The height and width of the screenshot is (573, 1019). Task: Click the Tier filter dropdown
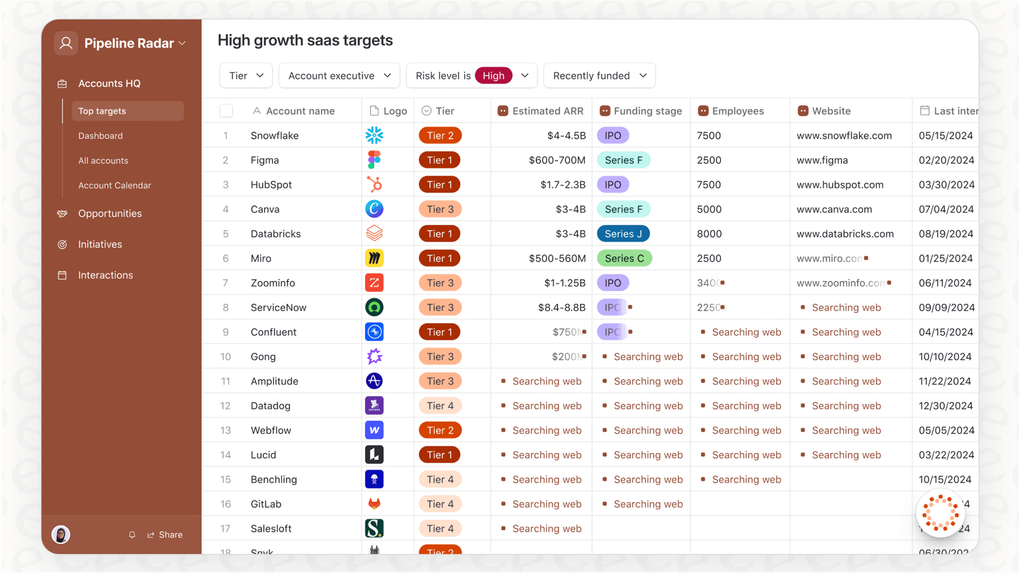point(246,76)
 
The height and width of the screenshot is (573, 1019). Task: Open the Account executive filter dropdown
point(339,76)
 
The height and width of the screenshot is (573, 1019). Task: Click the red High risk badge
point(493,76)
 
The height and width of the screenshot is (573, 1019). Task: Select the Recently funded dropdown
point(599,76)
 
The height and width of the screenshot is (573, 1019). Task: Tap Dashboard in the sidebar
point(101,136)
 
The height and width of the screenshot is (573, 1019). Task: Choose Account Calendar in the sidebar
point(115,186)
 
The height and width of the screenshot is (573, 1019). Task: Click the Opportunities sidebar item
point(110,213)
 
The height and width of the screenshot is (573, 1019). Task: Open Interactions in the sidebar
point(106,275)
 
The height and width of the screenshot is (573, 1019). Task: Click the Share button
point(165,535)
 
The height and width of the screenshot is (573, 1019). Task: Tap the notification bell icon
point(132,535)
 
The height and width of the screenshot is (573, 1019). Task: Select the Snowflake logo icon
point(374,135)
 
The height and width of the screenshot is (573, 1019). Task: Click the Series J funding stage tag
point(623,234)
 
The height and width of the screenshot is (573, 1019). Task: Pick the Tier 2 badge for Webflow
point(440,431)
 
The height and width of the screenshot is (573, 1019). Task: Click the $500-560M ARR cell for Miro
point(557,258)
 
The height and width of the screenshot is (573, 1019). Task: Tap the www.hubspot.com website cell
point(839,185)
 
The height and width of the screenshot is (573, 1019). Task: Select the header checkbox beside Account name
point(226,111)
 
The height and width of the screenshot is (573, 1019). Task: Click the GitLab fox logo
point(374,504)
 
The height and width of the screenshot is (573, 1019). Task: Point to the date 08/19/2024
point(946,234)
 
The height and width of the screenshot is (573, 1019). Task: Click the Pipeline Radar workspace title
point(129,43)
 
